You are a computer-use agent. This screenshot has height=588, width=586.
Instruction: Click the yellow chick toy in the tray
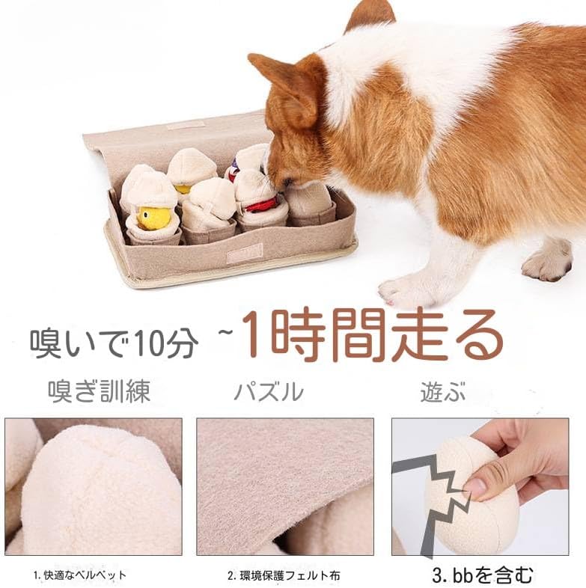coord(154,217)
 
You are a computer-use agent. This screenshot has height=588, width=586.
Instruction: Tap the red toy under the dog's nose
coord(261,203)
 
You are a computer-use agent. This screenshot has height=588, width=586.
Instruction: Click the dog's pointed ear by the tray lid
coord(282,82)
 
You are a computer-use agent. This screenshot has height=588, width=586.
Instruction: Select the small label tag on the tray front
coord(244,253)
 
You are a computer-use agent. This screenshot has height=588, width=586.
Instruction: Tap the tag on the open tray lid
coord(186,124)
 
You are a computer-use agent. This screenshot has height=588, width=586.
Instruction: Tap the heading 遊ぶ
coord(442,391)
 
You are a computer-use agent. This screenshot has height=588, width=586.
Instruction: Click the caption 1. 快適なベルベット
coord(80,575)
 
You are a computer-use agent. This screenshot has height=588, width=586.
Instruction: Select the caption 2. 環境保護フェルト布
coord(284,575)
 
